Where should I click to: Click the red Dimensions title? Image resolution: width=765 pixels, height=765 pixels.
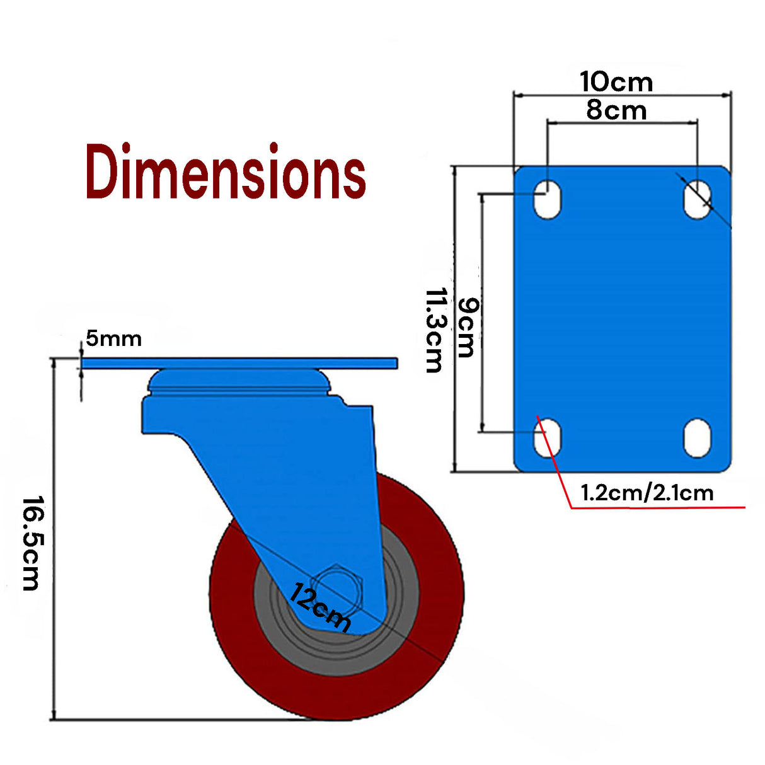pyautogui.click(x=226, y=171)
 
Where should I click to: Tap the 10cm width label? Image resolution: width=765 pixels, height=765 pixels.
pyautogui.click(x=616, y=82)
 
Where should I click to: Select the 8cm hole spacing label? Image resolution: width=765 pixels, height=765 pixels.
pyautogui.click(x=616, y=110)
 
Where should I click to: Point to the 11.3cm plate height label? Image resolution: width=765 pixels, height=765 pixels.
pyautogui.click(x=435, y=330)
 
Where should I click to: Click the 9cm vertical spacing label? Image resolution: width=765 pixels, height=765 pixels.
pyautogui.click(x=467, y=328)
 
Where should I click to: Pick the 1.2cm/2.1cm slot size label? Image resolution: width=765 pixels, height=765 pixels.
pyautogui.click(x=647, y=492)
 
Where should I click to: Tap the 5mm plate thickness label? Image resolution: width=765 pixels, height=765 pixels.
pyautogui.click(x=113, y=339)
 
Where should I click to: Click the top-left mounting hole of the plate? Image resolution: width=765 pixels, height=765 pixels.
pyautogui.click(x=547, y=199)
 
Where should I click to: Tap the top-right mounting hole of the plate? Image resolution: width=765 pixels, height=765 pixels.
pyautogui.click(x=697, y=199)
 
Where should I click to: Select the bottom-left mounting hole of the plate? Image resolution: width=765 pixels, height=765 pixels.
pyautogui.click(x=547, y=437)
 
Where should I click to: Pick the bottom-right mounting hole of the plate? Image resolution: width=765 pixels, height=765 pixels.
pyautogui.click(x=697, y=437)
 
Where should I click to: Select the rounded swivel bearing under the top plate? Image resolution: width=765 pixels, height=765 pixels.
pyautogui.click(x=239, y=381)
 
